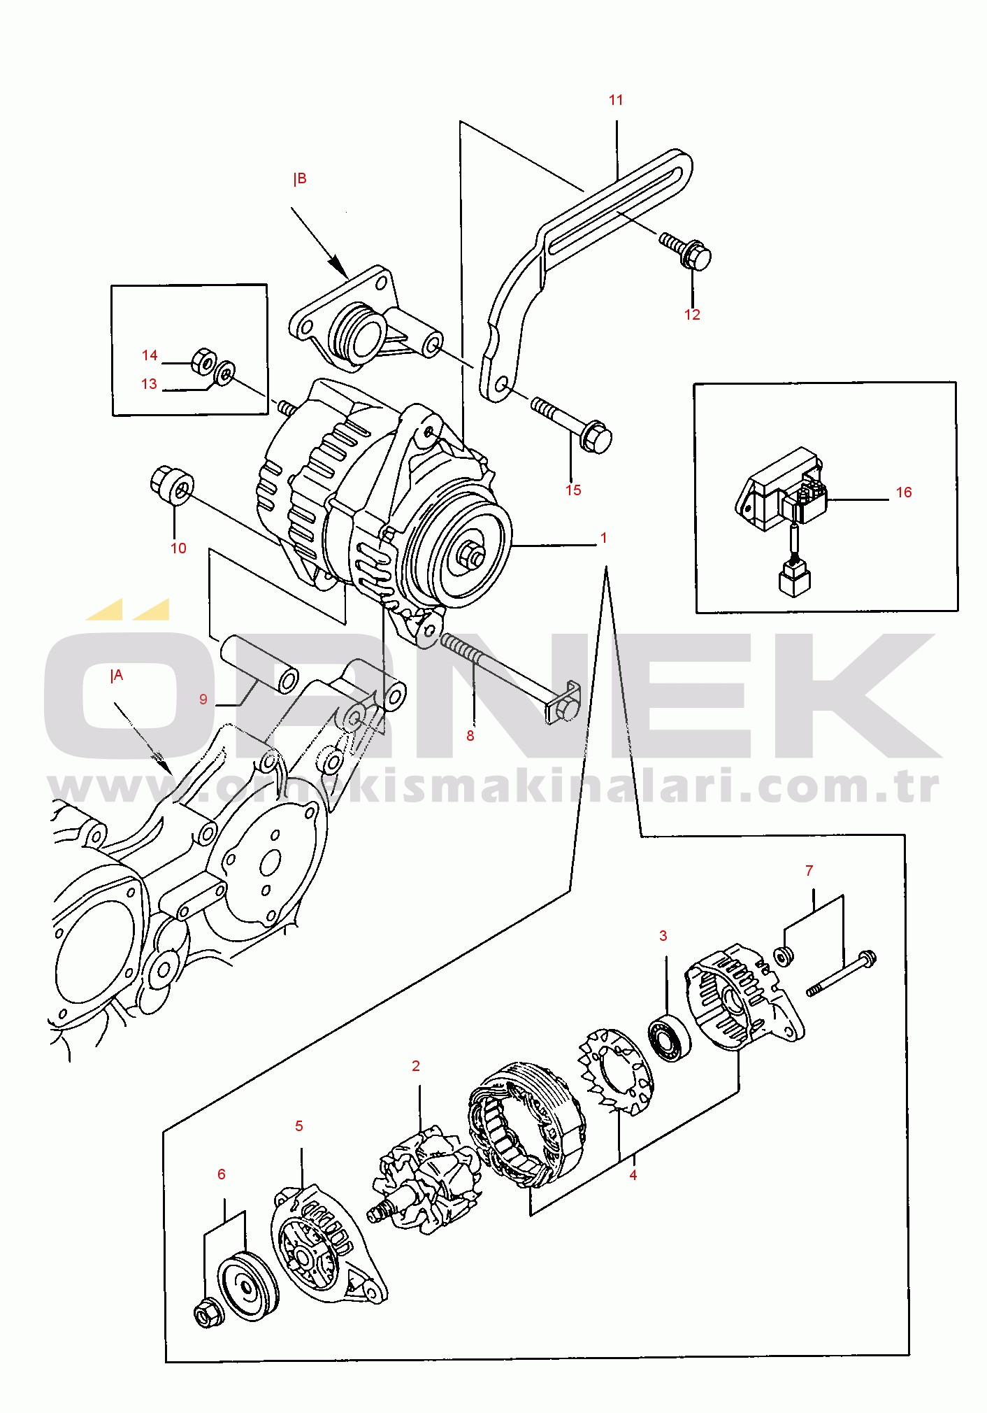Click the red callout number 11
(615, 100)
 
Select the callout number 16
(903, 492)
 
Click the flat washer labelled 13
(224, 374)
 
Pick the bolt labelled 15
(573, 425)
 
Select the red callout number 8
(470, 735)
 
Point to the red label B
(300, 179)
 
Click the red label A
(117, 676)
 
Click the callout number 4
(633, 1175)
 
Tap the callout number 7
(809, 871)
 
